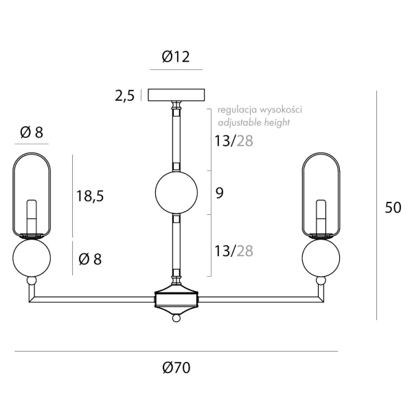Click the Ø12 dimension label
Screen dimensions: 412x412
176,56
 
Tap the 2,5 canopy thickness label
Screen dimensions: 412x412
125,95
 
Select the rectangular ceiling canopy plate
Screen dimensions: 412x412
176,95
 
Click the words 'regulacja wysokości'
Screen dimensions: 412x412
260,110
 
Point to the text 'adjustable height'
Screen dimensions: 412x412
254,122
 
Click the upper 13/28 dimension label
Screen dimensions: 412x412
234,141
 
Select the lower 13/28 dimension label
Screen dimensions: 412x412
234,251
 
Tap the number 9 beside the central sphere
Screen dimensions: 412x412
220,192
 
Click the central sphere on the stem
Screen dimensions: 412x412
176,192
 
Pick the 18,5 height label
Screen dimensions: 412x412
90,196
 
